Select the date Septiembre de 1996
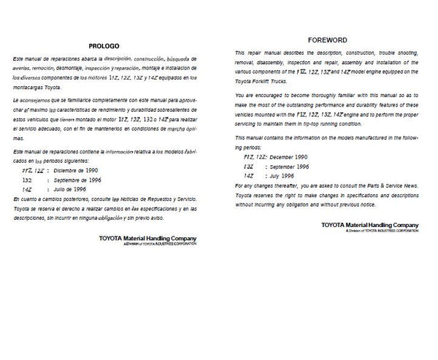(79, 180)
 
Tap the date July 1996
(286, 176)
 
